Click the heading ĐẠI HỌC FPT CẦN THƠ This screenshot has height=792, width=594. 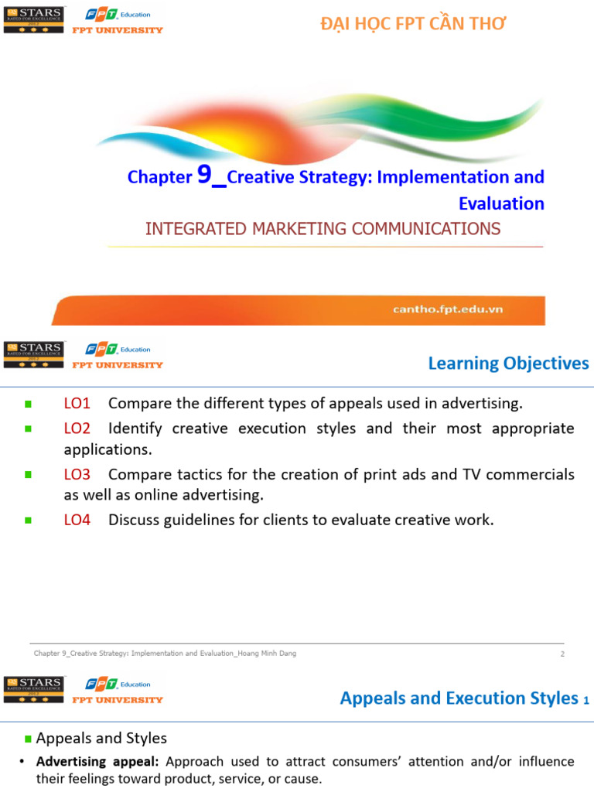point(413,24)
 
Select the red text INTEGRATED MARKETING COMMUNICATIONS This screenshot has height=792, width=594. point(323,228)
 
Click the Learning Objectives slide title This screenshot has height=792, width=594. point(508,363)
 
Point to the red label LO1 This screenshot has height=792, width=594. point(77,403)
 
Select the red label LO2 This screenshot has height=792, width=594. point(77,428)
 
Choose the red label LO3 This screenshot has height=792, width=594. point(77,474)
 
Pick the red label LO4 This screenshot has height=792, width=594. point(77,520)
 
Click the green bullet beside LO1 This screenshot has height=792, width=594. point(29,404)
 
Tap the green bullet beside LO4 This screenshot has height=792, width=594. point(29,521)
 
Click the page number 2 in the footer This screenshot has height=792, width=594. point(562,654)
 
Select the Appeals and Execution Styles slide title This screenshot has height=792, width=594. point(459,698)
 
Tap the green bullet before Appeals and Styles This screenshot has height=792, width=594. point(29,739)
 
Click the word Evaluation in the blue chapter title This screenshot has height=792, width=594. point(501,203)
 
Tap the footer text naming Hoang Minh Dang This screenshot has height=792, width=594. point(165,654)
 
